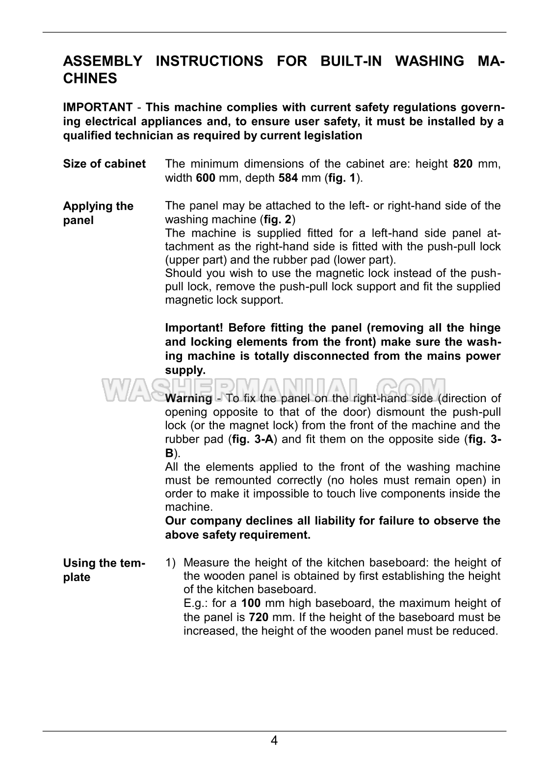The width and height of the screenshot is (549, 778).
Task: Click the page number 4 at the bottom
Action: pyautogui.click(x=274, y=740)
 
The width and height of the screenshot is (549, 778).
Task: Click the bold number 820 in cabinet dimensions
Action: pyautogui.click(x=463, y=164)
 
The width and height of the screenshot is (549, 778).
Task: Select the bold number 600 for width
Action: pyautogui.click(x=206, y=177)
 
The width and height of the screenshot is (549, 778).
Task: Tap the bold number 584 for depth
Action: pyautogui.click(x=288, y=177)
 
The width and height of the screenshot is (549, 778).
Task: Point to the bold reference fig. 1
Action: pyautogui.click(x=342, y=177)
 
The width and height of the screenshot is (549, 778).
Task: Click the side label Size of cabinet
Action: pyautogui.click(x=105, y=164)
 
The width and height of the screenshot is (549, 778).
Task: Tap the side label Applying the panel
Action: pyautogui.click(x=98, y=213)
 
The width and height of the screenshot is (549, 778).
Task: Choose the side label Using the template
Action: pyautogui.click(x=104, y=570)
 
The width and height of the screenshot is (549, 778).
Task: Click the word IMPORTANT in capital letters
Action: pyautogui.click(x=98, y=107)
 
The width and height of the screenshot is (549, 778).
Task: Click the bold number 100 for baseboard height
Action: pyautogui.click(x=251, y=603)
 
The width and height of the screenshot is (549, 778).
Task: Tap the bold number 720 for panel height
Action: pyautogui.click(x=259, y=617)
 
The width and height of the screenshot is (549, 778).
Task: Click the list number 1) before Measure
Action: pyautogui.click(x=170, y=563)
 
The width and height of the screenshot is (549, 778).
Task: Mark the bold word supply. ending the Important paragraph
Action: pyautogui.click(x=185, y=370)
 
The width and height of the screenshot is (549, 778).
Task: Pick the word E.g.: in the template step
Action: pyautogui.click(x=196, y=603)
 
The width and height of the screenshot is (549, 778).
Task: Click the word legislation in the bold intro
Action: pyautogui.click(x=334, y=135)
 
